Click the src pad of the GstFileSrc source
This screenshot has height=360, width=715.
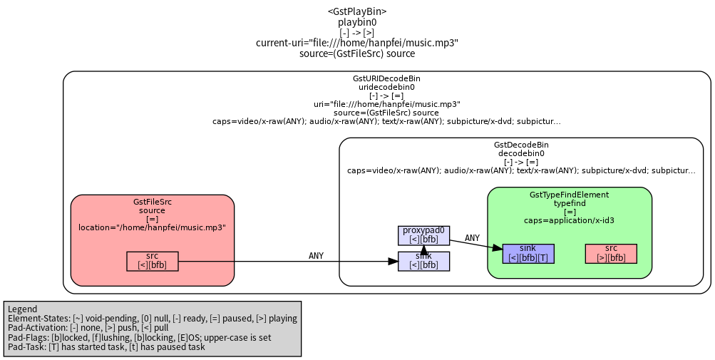click(153, 262)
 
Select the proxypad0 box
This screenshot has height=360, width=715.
click(423, 235)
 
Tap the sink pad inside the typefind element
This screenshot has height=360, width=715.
click(528, 254)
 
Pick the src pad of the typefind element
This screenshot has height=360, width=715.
click(611, 254)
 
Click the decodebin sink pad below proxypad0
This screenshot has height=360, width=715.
click(423, 262)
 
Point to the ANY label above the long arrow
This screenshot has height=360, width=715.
click(316, 256)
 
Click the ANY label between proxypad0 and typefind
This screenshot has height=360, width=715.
click(472, 238)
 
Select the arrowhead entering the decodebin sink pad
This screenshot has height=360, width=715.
click(393, 262)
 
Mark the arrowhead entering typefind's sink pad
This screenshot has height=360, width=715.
click(498, 248)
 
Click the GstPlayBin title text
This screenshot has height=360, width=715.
click(357, 11)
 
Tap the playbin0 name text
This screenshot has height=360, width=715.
click(357, 22)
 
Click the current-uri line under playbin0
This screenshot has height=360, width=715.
click(357, 43)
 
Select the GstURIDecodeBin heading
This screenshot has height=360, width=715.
click(386, 79)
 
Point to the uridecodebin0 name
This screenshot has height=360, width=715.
click(386, 87)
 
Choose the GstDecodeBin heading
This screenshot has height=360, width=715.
click(521, 145)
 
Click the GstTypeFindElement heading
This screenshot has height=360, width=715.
click(570, 195)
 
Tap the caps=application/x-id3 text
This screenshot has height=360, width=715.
click(570, 220)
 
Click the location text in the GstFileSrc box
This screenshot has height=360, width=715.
click(153, 227)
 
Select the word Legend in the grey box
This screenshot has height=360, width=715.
click(23, 309)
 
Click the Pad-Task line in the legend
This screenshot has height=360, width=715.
click(106, 346)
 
